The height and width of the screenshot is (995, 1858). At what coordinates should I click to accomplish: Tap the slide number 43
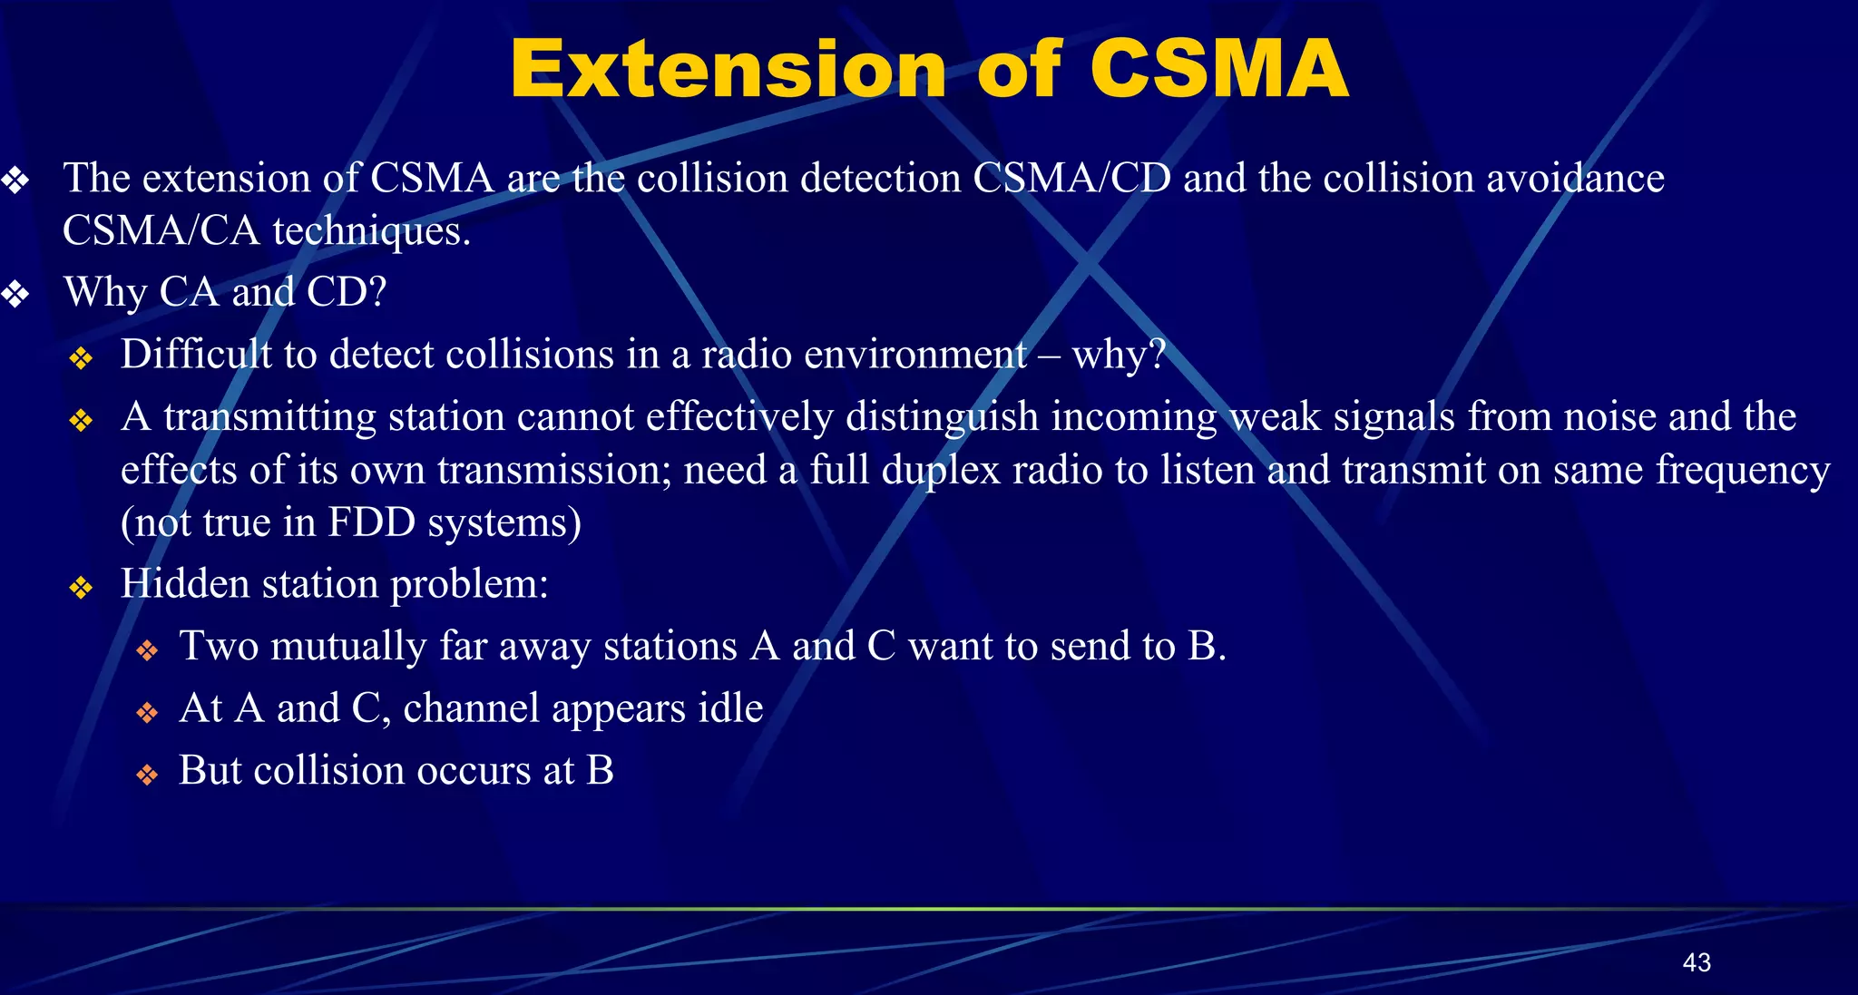(x=1696, y=962)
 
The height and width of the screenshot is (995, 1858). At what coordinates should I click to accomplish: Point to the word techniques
(x=371, y=231)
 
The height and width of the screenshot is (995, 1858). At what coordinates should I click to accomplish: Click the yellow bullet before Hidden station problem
(x=81, y=589)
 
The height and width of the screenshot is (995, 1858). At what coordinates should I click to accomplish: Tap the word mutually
(x=347, y=647)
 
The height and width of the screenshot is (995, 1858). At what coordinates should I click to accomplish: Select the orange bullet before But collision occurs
(x=147, y=776)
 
